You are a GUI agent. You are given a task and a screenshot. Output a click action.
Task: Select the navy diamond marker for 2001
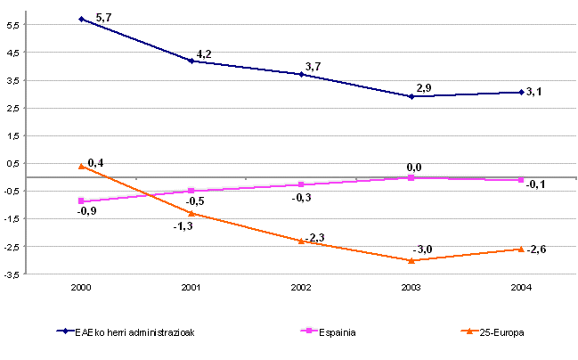tap(191, 61)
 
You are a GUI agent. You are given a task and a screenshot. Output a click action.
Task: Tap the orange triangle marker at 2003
tap(411, 260)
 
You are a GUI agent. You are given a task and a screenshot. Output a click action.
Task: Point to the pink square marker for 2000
tap(81, 201)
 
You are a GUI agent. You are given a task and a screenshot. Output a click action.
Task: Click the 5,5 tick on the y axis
tap(12, 25)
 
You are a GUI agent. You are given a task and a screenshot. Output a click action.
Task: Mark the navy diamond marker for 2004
tap(521, 92)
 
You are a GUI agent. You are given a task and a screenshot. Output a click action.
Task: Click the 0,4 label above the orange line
tap(94, 161)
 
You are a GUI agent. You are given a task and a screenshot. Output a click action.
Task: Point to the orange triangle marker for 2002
tap(301, 241)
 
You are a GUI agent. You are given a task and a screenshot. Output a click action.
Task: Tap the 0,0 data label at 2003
tap(413, 167)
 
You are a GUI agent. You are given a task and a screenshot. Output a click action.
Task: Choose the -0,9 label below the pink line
tap(86, 211)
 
